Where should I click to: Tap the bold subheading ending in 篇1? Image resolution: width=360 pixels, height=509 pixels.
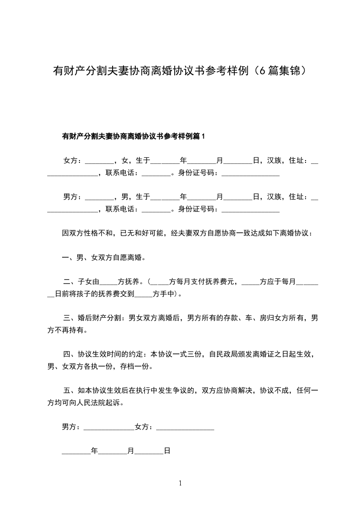(133, 136)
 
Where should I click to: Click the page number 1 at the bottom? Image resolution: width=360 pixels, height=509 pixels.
(180, 483)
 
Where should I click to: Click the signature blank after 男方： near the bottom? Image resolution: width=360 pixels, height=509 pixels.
(109, 427)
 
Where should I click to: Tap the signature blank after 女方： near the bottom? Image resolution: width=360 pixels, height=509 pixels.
(185, 427)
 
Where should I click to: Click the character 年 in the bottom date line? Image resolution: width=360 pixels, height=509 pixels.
(94, 451)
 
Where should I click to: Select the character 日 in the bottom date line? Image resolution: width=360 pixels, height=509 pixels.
(167, 451)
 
